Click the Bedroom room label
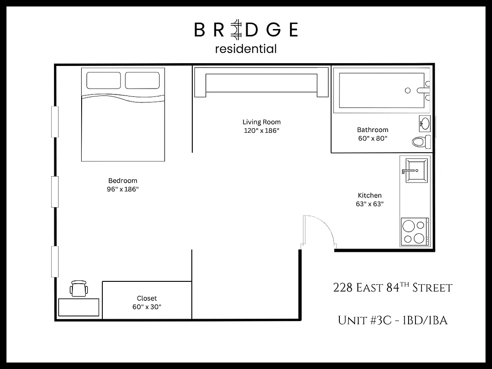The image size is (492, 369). point(123,181)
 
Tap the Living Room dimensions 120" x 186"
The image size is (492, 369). point(261,131)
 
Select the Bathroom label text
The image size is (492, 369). point(373,130)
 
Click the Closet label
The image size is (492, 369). point(147,298)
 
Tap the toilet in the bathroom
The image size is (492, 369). point(421,142)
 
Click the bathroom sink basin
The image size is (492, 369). point(425,123)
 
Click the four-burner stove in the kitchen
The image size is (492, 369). point(415,232)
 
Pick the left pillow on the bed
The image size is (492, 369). point(103,80)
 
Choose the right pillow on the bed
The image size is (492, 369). point(142,80)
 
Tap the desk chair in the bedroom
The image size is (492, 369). point(79,289)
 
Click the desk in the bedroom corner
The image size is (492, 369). point(79,307)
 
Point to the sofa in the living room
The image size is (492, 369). point(261,82)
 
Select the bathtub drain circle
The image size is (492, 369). point(408,91)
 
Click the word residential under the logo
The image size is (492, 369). point(246,48)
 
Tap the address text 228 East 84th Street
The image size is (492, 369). point(392,288)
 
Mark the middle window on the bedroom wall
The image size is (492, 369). point(55,191)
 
